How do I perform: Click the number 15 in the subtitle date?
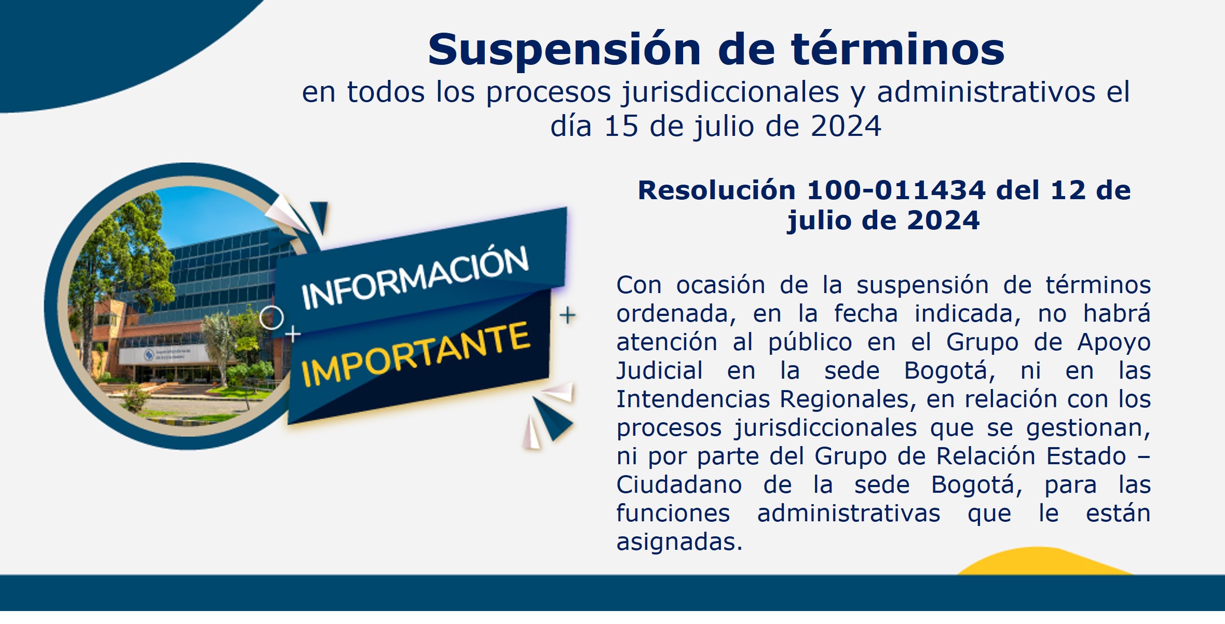click(621, 126)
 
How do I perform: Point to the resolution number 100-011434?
click(896, 190)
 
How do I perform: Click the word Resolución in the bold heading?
click(716, 190)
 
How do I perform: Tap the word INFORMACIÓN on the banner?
click(415, 278)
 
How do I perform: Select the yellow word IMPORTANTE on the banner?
click(416, 355)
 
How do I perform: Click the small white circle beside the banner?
click(271, 317)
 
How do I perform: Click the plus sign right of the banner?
click(567, 315)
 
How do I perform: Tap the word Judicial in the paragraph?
click(660, 371)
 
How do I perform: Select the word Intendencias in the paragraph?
click(693, 399)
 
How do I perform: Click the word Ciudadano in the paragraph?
click(679, 485)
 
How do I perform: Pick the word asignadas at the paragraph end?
click(679, 543)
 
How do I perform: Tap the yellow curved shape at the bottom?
click(1043, 561)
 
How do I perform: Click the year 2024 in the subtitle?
click(846, 126)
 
